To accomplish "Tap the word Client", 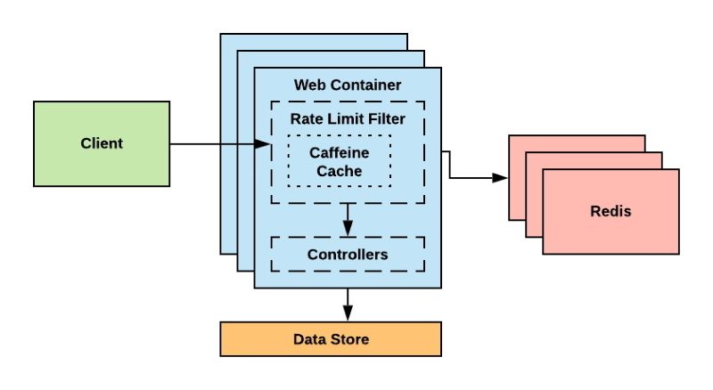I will tap(101, 143).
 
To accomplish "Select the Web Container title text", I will tap(347, 85).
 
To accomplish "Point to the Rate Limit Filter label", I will tap(347, 118).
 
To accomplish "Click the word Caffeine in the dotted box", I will tap(339, 152).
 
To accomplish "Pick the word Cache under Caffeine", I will tap(339, 170).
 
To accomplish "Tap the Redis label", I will tap(611, 212).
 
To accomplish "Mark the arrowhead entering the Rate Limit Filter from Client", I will tap(264, 143).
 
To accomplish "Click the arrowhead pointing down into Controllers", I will tap(348, 230).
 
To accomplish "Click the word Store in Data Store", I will tap(348, 339).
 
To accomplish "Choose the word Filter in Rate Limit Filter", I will tap(385, 118).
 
